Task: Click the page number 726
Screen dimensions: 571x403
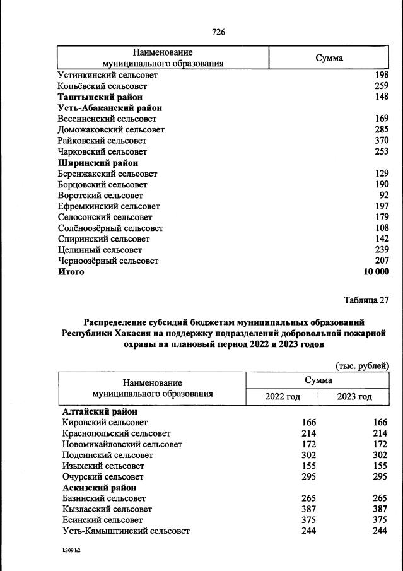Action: (219, 32)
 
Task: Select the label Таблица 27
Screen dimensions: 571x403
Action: (366, 299)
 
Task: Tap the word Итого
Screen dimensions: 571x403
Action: (71, 272)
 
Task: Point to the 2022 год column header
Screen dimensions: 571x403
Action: (282, 397)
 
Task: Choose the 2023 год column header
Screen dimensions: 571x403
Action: (354, 397)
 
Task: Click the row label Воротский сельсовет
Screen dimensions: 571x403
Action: (100, 196)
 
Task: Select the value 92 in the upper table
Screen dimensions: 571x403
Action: (383, 196)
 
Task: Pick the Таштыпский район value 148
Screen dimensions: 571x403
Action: (381, 97)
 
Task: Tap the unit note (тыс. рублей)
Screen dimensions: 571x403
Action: (361, 365)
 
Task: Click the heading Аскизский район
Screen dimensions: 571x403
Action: (100, 488)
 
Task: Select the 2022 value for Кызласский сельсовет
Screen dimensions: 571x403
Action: (307, 509)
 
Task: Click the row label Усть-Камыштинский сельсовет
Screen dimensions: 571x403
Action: (126, 531)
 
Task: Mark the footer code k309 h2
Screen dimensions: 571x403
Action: (71, 551)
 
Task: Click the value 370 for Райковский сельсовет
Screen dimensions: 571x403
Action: (381, 141)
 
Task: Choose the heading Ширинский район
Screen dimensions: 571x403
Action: (98, 163)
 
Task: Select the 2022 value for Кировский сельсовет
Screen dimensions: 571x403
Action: (307, 422)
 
